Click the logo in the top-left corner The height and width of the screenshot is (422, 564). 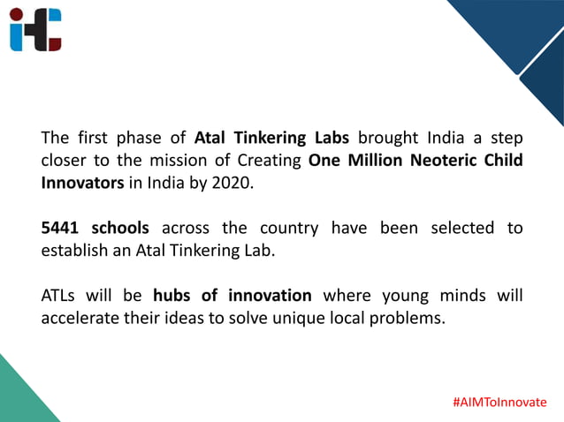click(x=36, y=29)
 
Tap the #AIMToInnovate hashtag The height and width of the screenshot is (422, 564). click(x=499, y=402)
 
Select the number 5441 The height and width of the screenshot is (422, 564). click(x=62, y=228)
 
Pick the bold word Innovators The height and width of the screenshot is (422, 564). click(x=81, y=184)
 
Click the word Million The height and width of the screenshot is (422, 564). click(x=374, y=161)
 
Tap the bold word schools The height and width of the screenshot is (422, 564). click(x=120, y=228)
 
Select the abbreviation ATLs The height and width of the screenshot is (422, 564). click(x=61, y=295)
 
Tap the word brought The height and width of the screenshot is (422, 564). click(x=388, y=139)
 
